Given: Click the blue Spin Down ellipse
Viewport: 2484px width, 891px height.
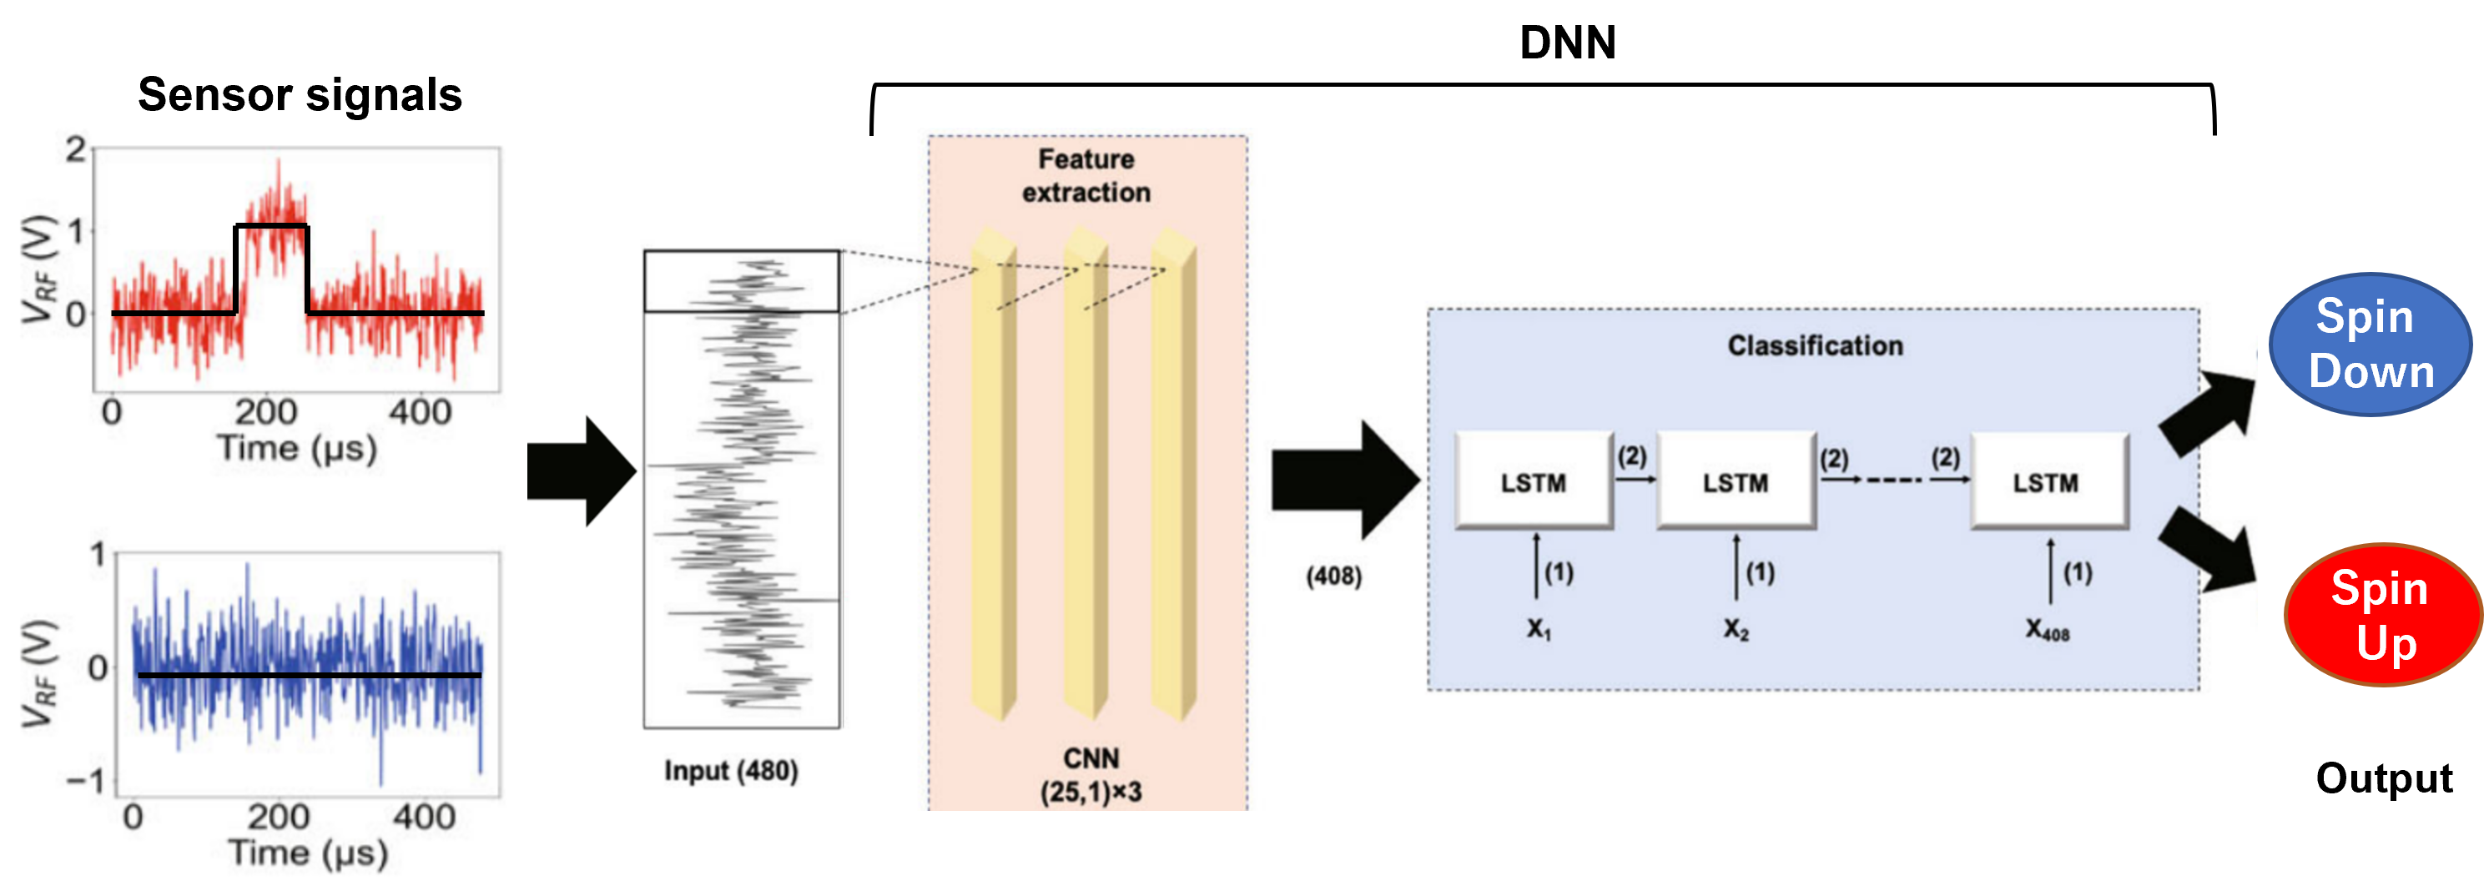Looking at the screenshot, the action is click(x=2371, y=345).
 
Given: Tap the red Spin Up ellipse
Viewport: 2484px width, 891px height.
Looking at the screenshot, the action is click(x=2383, y=615).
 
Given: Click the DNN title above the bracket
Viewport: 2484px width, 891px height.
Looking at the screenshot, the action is click(x=1567, y=43).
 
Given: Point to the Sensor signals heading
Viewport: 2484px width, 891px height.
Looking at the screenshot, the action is click(x=300, y=94).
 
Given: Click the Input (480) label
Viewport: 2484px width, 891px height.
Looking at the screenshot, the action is click(x=731, y=771).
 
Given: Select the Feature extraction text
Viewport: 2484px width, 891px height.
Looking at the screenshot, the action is click(x=1086, y=175).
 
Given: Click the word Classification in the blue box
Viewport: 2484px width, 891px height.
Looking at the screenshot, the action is click(x=1815, y=345).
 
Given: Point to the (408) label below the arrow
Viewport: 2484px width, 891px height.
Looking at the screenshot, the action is click(x=1333, y=576).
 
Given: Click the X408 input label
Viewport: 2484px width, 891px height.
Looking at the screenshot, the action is click(x=2046, y=631).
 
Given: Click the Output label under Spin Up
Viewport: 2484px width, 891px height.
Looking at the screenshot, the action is click(x=2384, y=778).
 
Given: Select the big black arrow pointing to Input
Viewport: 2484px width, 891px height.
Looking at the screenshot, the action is click(x=582, y=471).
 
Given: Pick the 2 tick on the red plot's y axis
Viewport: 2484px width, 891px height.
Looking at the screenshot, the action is click(x=74, y=149).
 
